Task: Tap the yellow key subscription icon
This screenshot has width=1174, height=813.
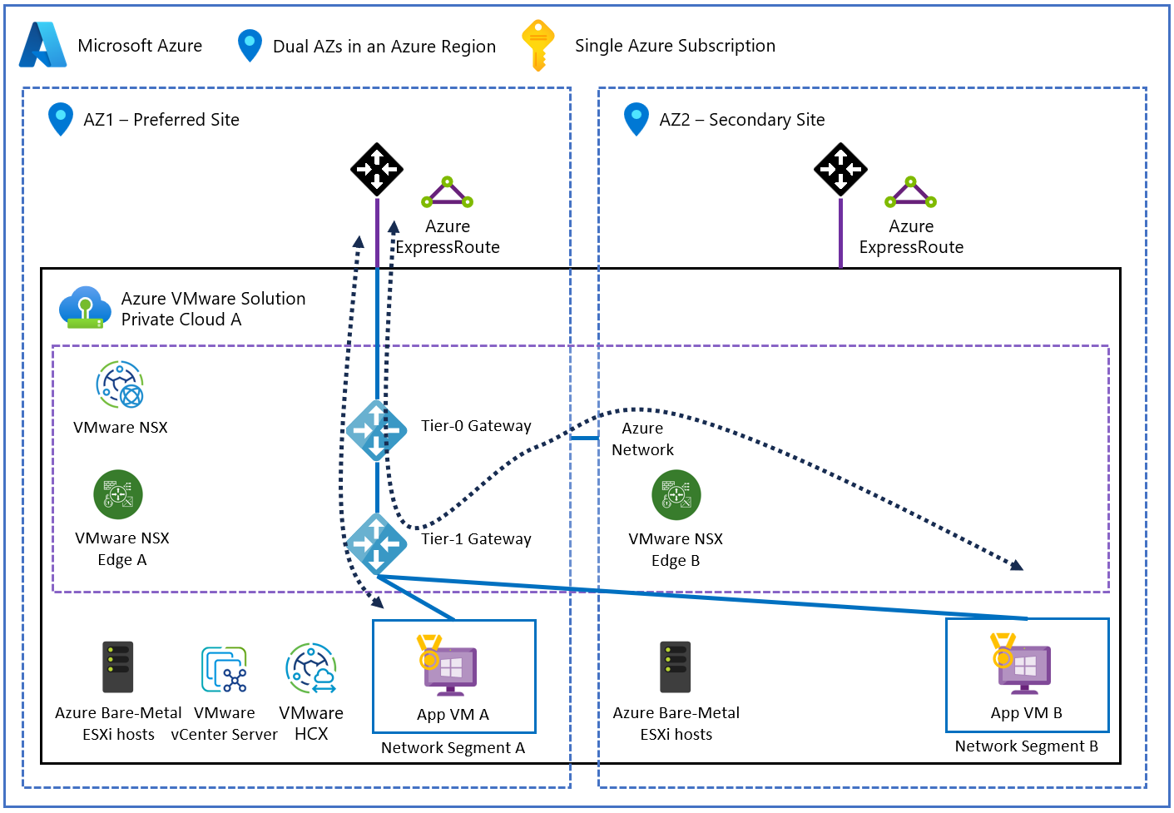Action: click(537, 45)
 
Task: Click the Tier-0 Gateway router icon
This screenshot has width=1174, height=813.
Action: click(376, 430)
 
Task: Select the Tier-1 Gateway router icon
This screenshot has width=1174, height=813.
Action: click(376, 543)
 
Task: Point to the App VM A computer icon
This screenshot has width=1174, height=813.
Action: click(448, 667)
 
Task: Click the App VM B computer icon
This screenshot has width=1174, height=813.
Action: click(1022, 665)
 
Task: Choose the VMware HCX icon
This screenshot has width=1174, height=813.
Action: click(310, 667)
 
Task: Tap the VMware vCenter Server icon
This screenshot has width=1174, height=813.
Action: click(224, 670)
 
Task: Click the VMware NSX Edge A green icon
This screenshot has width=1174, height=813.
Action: click(118, 494)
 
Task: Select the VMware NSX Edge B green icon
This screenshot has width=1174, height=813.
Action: click(676, 494)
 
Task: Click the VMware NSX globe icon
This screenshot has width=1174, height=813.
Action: click(120, 384)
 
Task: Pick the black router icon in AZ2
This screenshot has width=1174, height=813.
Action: click(840, 169)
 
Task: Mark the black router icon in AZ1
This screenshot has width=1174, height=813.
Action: click(377, 169)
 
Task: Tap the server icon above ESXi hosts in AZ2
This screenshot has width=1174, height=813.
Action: click(675, 667)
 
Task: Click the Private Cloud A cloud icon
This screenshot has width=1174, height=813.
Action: click(85, 307)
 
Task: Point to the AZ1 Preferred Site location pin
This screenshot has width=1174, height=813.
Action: click(60, 119)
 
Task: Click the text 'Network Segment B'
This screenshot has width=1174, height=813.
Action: click(1026, 746)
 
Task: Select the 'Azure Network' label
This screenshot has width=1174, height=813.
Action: click(642, 439)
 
